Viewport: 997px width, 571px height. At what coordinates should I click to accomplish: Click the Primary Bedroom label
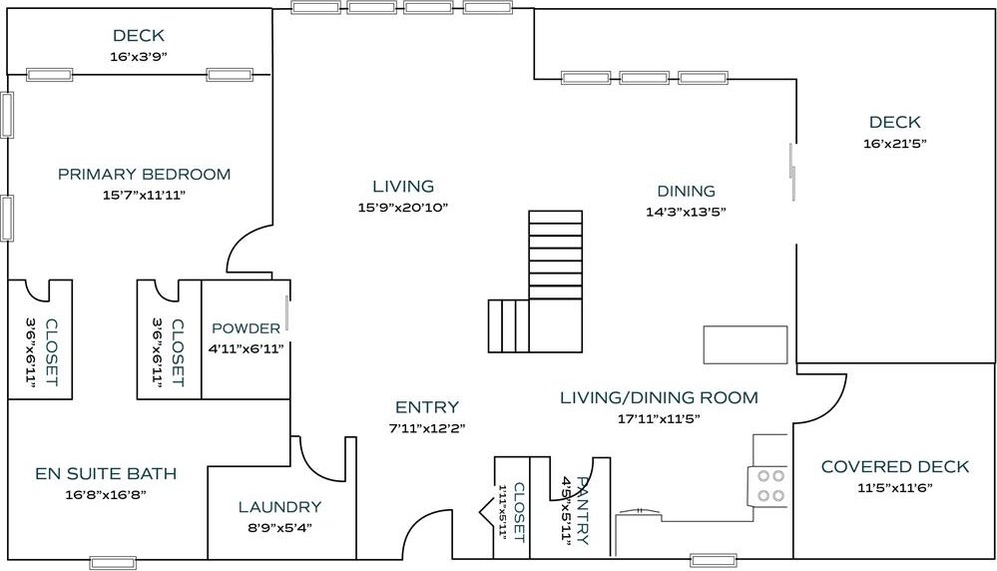pyautogui.click(x=145, y=175)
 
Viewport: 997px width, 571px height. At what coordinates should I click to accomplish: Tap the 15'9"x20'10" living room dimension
pyautogui.click(x=403, y=208)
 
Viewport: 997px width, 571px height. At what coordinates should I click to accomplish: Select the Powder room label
pyautogui.click(x=247, y=328)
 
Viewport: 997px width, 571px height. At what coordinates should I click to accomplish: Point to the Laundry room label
pyautogui.click(x=279, y=507)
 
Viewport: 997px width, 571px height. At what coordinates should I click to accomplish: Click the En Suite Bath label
pyautogui.click(x=106, y=473)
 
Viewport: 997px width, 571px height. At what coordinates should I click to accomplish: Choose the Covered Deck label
pyautogui.click(x=895, y=467)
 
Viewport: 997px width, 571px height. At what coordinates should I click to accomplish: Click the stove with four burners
pyautogui.click(x=768, y=486)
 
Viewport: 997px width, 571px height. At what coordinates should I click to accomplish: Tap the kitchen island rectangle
pyautogui.click(x=746, y=344)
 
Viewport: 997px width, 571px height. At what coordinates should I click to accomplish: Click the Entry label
pyautogui.click(x=427, y=407)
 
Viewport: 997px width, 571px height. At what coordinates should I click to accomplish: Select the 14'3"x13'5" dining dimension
pyautogui.click(x=686, y=213)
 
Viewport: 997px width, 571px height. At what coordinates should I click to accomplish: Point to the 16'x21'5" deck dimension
pyautogui.click(x=894, y=144)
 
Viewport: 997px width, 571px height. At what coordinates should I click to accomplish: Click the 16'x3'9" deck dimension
pyautogui.click(x=139, y=57)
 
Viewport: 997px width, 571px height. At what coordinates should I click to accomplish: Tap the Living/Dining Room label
pyautogui.click(x=660, y=398)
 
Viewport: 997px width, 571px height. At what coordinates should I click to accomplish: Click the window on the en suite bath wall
pyautogui.click(x=113, y=563)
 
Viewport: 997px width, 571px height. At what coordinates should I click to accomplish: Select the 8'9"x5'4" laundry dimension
pyautogui.click(x=279, y=527)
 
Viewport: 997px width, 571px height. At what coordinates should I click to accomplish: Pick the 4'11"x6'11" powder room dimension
pyautogui.click(x=247, y=348)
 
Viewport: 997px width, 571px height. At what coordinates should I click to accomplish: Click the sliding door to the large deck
pyautogui.click(x=792, y=173)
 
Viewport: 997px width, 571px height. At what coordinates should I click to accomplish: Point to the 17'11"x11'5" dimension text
pyautogui.click(x=660, y=419)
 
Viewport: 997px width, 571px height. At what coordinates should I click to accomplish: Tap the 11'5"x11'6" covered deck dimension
pyautogui.click(x=895, y=488)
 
